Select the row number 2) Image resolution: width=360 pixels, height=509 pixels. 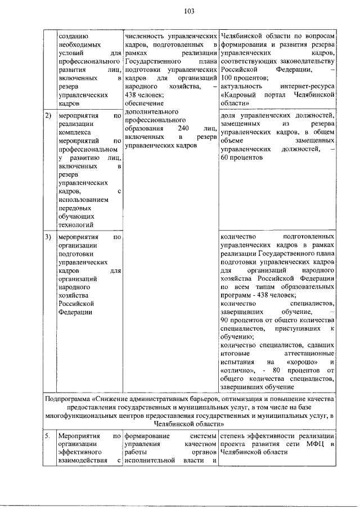(x=48, y=116)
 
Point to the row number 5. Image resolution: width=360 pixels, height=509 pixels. (x=48, y=436)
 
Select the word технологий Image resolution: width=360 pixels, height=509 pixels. (x=75, y=225)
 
